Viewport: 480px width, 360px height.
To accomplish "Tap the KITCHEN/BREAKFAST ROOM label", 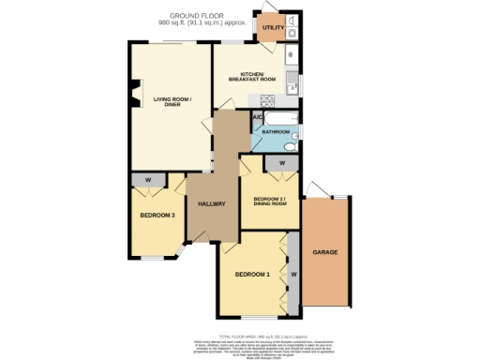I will tap(252, 77).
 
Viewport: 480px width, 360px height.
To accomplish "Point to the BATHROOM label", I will tap(276, 132).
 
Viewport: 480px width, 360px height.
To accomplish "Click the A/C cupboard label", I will tap(257, 117).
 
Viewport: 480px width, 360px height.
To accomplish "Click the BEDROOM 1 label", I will tap(252, 274).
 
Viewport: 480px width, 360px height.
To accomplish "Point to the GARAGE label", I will tap(325, 253).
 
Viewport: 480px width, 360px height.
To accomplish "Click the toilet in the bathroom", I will tap(290, 146).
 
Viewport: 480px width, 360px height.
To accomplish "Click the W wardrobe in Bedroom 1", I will tap(293, 274).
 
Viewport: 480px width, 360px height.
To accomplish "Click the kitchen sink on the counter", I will tap(292, 78).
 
